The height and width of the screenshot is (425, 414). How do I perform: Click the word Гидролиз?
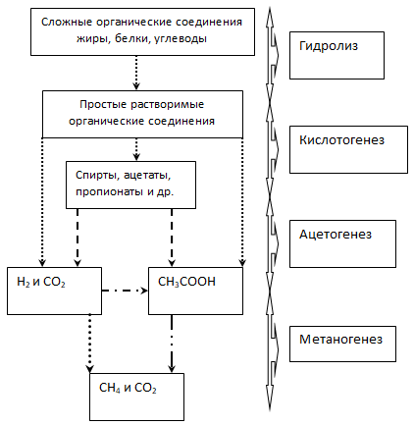[x=329, y=46]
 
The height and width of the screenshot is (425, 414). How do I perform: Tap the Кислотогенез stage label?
[x=341, y=140]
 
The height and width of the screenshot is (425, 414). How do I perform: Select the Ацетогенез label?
[x=336, y=235]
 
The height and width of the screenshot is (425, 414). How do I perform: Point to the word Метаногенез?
[x=340, y=340]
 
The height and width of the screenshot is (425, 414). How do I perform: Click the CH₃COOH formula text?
[x=186, y=282]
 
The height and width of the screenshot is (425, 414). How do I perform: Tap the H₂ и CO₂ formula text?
[x=41, y=282]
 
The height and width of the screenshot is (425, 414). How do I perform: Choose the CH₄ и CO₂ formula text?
[x=128, y=388]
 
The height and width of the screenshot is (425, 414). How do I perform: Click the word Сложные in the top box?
[x=67, y=23]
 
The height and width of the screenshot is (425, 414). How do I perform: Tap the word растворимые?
[x=167, y=105]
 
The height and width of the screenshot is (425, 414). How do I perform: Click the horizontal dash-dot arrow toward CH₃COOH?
[x=125, y=291]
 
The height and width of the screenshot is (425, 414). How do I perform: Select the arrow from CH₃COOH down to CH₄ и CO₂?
[x=172, y=344]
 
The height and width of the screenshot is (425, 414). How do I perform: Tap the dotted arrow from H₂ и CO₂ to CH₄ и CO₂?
[x=89, y=344]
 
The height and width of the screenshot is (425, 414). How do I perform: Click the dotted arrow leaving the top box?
[x=136, y=73]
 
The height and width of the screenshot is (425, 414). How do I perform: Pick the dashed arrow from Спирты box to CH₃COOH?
[x=172, y=238]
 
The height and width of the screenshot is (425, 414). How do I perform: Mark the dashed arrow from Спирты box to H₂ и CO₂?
[x=78, y=238]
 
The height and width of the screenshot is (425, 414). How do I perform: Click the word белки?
[x=132, y=39]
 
